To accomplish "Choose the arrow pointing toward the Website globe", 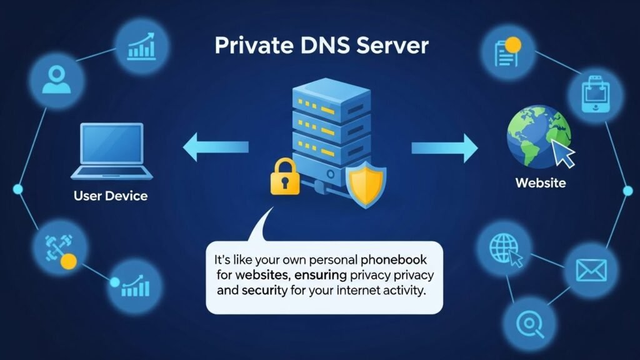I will click(x=444, y=147).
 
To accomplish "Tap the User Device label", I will click(x=110, y=196).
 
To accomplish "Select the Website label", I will click(x=541, y=183).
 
